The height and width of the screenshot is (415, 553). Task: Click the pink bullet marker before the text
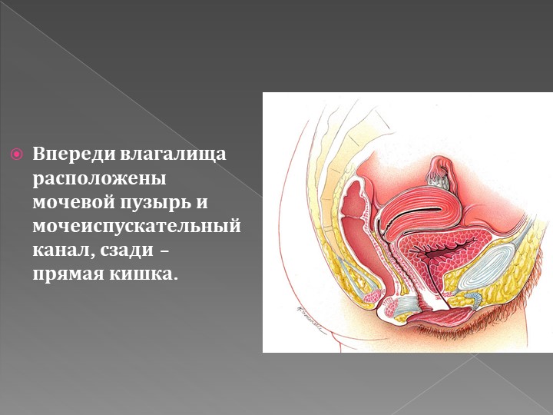[17, 154]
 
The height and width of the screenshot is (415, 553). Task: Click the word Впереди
[74, 154]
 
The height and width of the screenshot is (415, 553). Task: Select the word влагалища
[173, 155]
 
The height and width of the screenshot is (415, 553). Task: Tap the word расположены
[99, 179]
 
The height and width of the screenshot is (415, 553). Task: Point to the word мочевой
[74, 203]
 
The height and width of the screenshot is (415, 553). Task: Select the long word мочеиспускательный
[137, 227]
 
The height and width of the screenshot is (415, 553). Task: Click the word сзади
[127, 251]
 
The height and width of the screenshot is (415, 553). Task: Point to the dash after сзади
[164, 251]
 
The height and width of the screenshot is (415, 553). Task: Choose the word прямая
[68, 274]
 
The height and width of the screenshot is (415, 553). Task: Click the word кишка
[142, 274]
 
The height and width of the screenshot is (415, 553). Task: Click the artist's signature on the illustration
[310, 320]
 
